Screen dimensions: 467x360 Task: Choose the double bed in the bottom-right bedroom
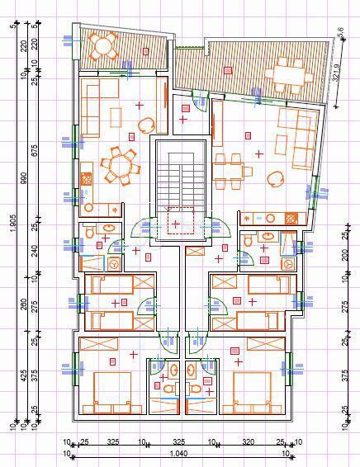coord(250,391)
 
